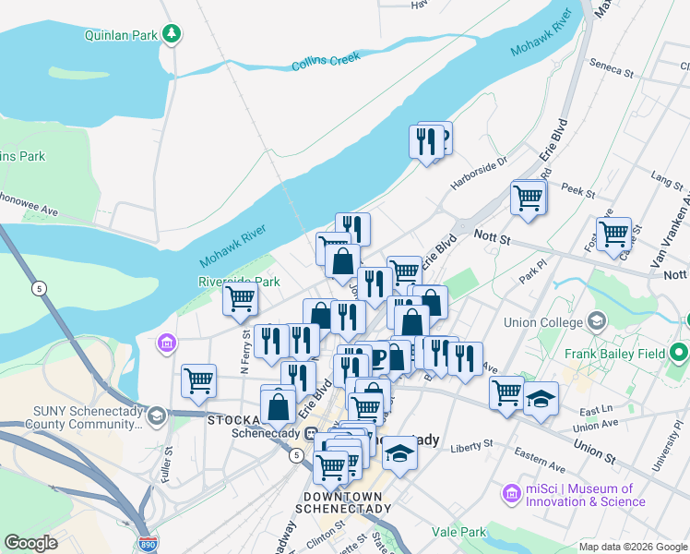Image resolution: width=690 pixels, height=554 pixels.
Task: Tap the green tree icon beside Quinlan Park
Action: point(171,34)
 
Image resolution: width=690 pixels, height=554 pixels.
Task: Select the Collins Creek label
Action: point(325,62)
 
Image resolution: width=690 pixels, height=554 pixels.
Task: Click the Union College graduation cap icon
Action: point(596,322)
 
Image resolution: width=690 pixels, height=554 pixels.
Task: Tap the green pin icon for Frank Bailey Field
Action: point(680,353)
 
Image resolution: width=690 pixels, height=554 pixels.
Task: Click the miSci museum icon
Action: point(512,495)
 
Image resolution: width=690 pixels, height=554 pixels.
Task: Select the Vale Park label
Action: point(459,532)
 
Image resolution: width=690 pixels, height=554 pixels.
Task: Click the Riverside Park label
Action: point(238,282)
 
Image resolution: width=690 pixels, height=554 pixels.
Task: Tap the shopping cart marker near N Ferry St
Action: point(240,299)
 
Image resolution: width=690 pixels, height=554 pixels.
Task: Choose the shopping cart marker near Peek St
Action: point(528,197)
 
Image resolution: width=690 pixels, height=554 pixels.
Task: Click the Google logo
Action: point(30,543)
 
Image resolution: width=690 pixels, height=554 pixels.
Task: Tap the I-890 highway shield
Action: point(148,544)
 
